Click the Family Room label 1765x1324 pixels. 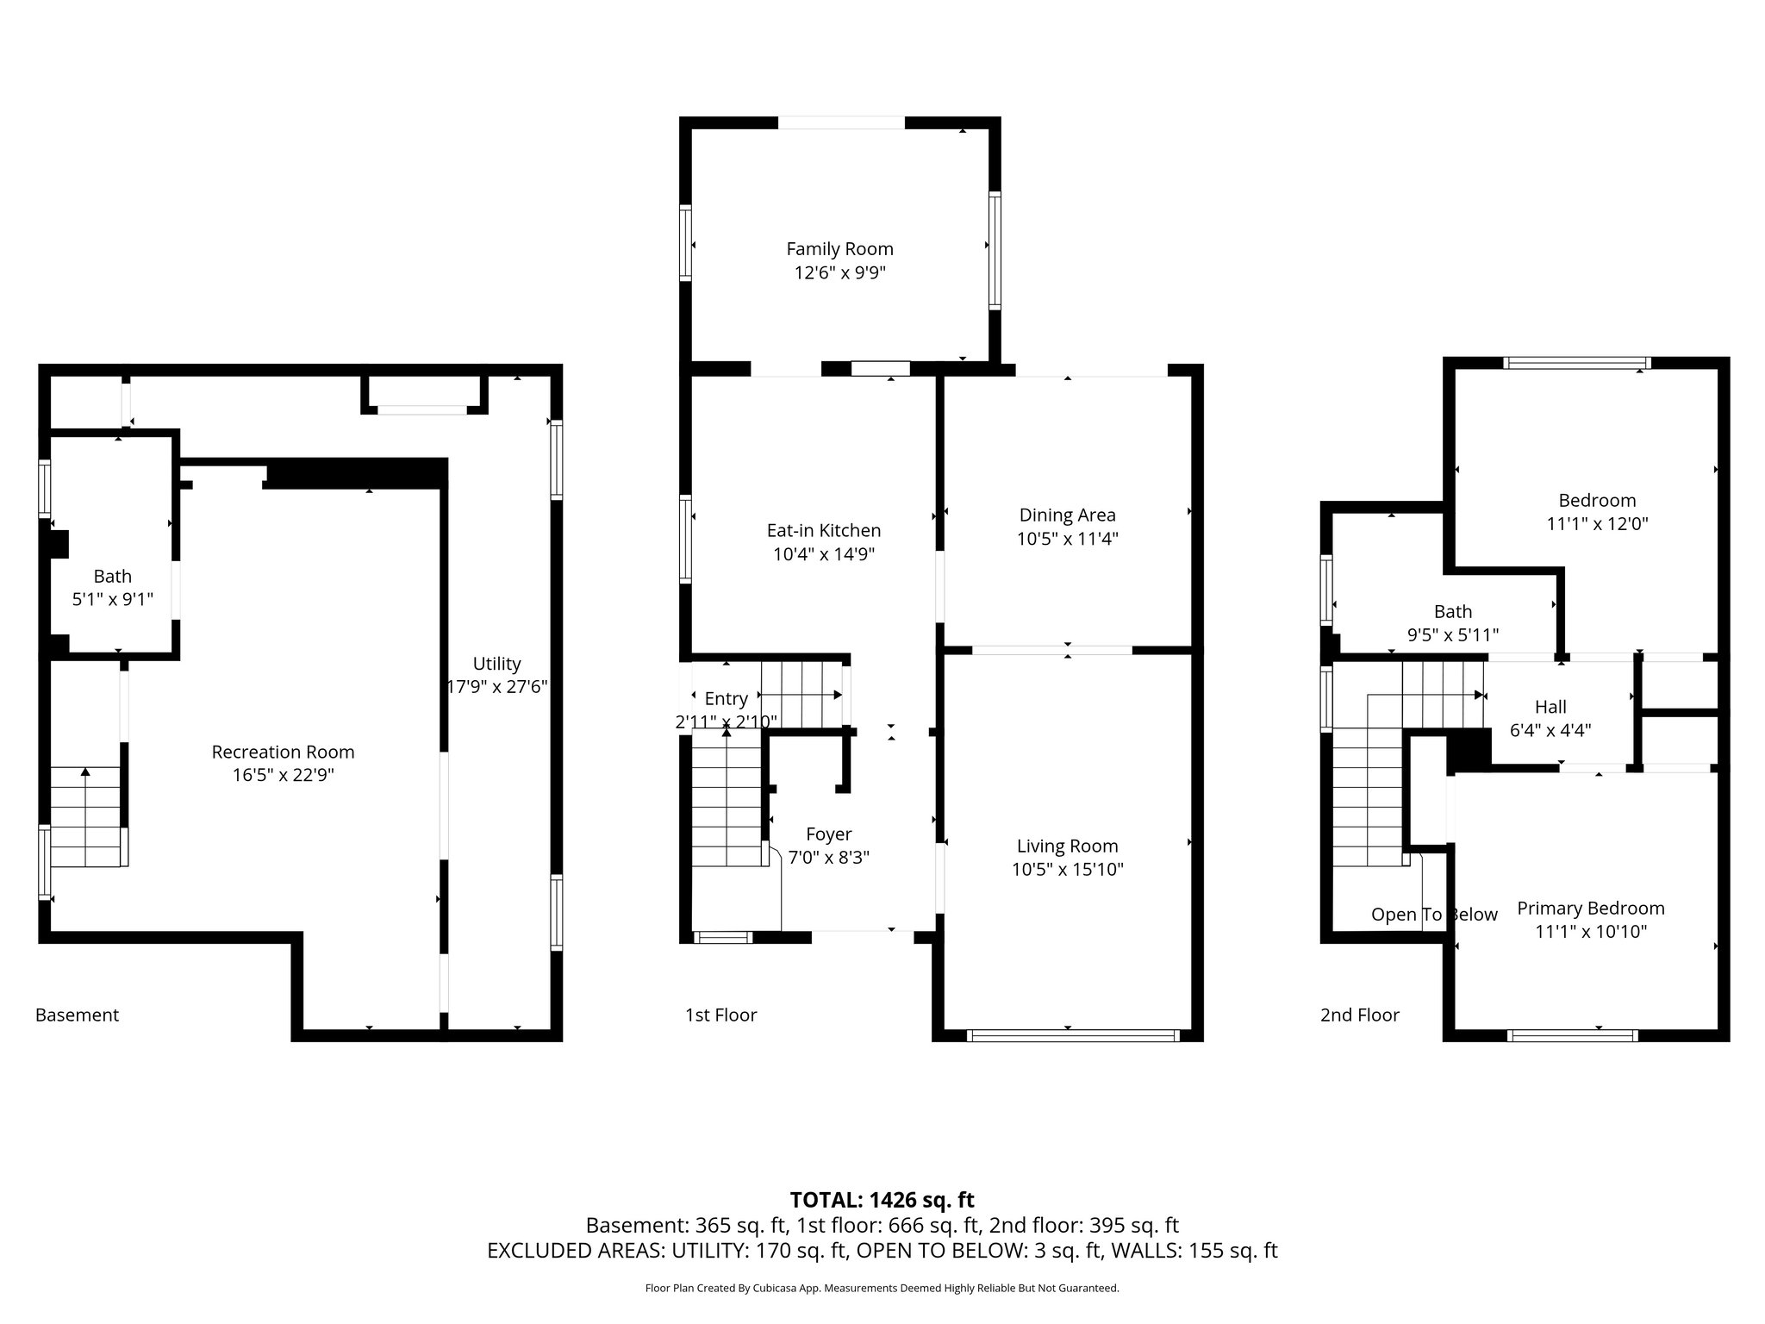coord(839,249)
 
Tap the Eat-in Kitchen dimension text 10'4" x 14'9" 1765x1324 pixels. coord(824,554)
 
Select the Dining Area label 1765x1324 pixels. coord(1067,515)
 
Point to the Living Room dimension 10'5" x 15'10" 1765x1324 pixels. coord(1068,870)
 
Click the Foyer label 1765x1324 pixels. coord(828,834)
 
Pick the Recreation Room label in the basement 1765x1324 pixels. coord(283,753)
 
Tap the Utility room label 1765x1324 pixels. coord(496,664)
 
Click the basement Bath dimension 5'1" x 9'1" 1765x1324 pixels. coord(113,599)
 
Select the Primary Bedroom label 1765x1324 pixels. coord(1591,909)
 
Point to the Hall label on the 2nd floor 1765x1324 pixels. coord(1550,708)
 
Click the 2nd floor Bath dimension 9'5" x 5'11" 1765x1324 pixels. coord(1453,635)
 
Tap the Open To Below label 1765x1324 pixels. coord(1434,915)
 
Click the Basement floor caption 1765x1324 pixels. coord(77,1015)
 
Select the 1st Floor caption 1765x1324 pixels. coord(720,1015)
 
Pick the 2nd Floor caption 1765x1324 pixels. coord(1359,1015)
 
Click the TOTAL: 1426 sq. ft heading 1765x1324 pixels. coord(882,1200)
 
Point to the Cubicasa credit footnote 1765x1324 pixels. coord(882,1289)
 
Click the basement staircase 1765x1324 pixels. coord(85,816)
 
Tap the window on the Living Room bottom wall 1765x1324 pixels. coord(1073,1036)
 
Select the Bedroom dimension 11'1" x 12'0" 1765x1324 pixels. coord(1597,524)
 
